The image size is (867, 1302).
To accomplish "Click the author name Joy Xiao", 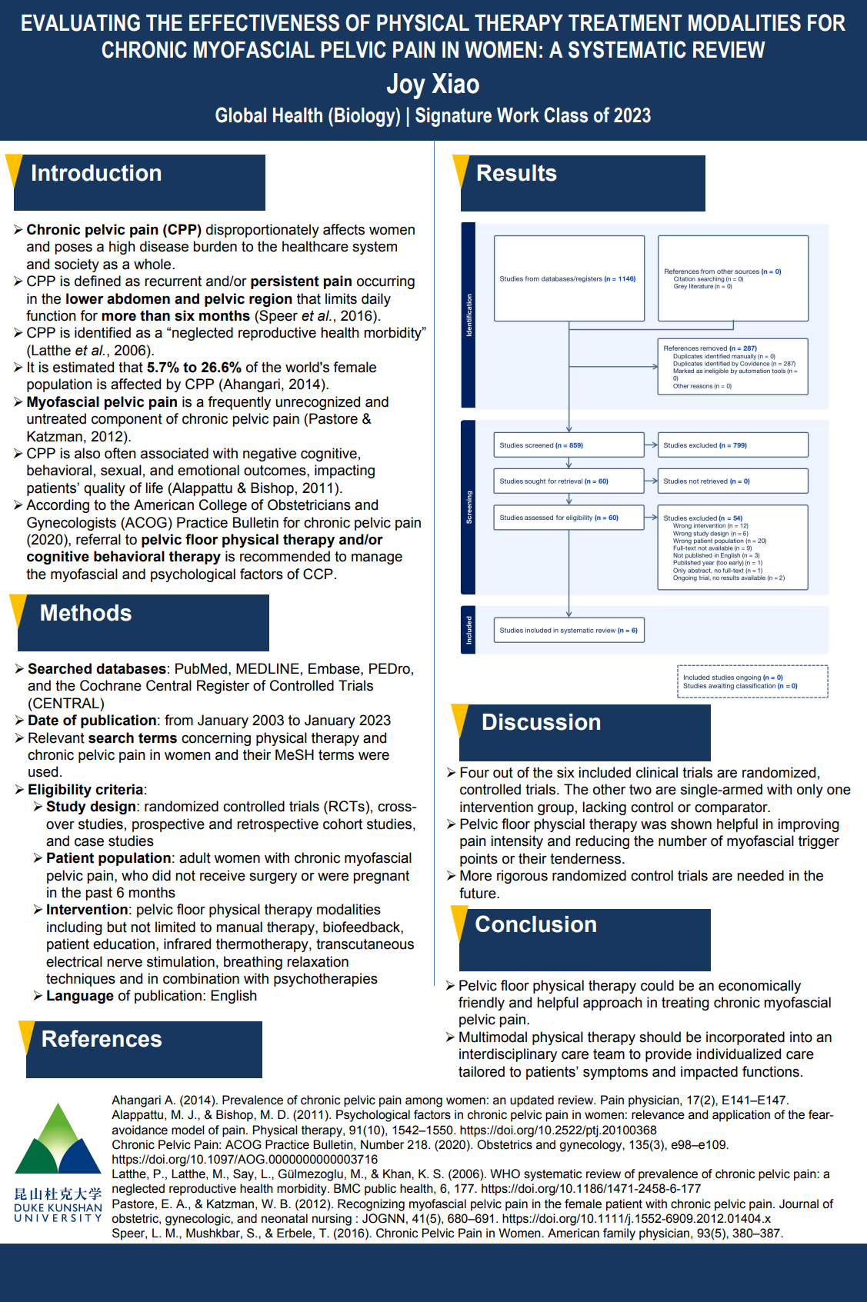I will pos(432,84).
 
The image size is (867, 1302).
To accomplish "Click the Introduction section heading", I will pos(96,174).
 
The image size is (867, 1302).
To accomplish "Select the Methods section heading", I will pos(85,614).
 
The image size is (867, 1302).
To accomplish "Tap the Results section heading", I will pos(516,174).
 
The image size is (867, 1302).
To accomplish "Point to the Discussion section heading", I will pos(541,723).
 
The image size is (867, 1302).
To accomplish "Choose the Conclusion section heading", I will pos(535,925).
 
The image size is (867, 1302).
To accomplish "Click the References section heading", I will pos(102,1040).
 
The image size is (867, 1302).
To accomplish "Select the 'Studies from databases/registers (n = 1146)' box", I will pos(569,278).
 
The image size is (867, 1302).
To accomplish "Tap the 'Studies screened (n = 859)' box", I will pos(569,445).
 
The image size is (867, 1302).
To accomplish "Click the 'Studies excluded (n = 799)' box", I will pos(732,445).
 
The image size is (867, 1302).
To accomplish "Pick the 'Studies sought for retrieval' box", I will pos(569,481).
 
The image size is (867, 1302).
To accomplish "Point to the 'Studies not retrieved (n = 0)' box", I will pos(732,481).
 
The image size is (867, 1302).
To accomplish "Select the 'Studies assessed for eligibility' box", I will pos(569,518).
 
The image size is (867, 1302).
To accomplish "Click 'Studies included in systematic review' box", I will pos(569,630).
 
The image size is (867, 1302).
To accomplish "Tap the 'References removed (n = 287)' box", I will pos(732,367).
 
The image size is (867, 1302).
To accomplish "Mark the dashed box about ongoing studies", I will pos(752,681).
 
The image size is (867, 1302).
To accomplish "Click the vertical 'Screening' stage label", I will pos(469,508).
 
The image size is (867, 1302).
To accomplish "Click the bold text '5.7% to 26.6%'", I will pos(194,368).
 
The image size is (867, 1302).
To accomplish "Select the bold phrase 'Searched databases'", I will pos(97,669).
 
